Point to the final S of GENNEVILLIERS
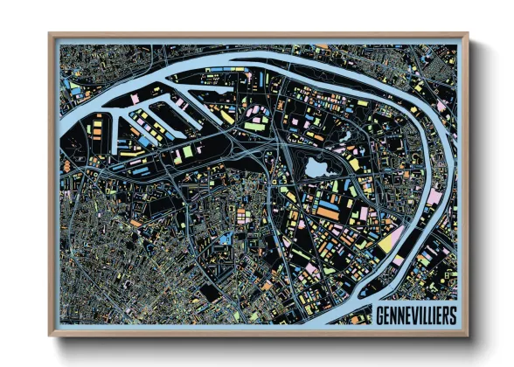click(x=453, y=315)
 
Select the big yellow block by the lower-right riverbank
click(x=385, y=244)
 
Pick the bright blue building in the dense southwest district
click(x=226, y=239)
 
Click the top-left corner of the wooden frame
click(x=51, y=36)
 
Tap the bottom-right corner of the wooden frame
click(x=466, y=334)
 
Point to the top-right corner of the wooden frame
click(x=466, y=36)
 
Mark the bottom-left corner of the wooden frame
click(x=51, y=334)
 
